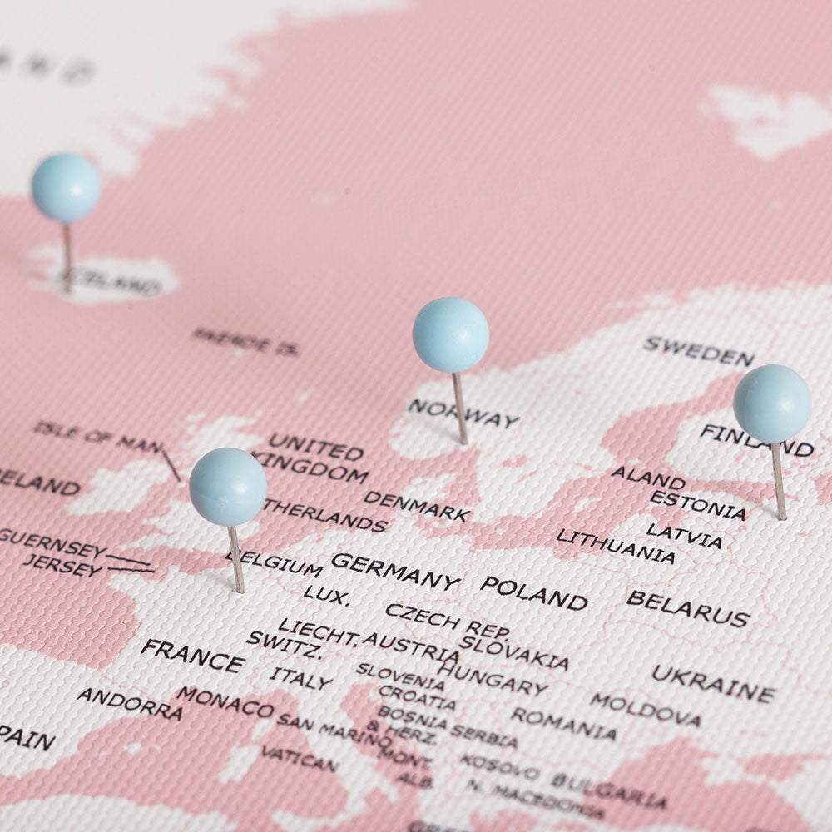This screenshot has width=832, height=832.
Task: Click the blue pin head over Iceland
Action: click(66, 187)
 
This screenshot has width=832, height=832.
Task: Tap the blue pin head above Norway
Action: click(450, 334)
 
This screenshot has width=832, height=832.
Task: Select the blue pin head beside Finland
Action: click(772, 404)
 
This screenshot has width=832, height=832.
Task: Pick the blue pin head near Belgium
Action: click(228, 487)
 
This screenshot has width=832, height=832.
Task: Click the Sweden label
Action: click(699, 351)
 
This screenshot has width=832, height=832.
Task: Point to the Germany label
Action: click(395, 572)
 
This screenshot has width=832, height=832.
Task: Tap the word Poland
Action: click(534, 592)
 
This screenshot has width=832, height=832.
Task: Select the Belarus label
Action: click(688, 608)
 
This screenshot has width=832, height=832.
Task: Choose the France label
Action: click(192, 656)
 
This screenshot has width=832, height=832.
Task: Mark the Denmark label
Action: click(417, 506)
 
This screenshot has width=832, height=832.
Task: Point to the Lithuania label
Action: click(616, 547)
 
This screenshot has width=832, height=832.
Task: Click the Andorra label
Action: click(130, 704)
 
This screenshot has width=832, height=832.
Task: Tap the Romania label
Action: click(564, 723)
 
